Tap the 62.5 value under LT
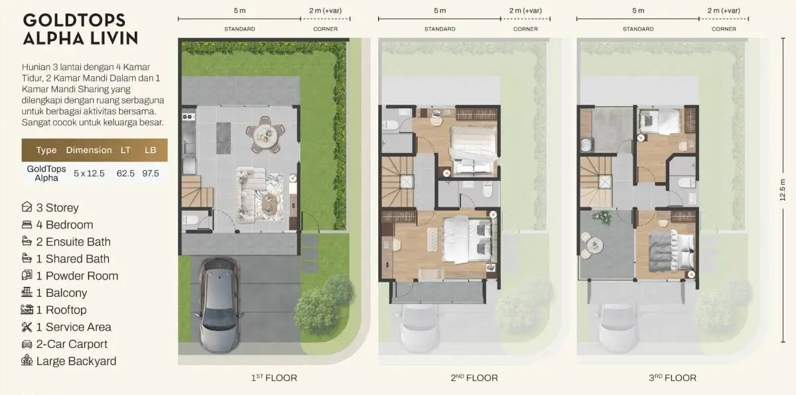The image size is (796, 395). pyautogui.click(x=125, y=173)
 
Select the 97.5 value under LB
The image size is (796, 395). pyautogui.click(x=151, y=173)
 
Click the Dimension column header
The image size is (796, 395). pyautogui.click(x=89, y=150)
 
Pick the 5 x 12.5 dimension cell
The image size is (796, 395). pyautogui.click(x=89, y=173)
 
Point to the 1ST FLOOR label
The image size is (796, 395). pyautogui.click(x=273, y=378)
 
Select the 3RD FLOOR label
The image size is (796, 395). pyautogui.click(x=672, y=378)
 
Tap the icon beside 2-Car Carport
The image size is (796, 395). pyautogui.click(x=27, y=344)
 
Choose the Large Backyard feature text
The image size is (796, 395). pyautogui.click(x=76, y=361)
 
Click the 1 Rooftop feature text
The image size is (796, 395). pyautogui.click(x=61, y=310)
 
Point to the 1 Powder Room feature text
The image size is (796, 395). pyautogui.click(x=77, y=276)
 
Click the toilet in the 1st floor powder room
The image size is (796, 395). pyautogui.click(x=189, y=219)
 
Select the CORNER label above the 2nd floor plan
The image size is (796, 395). pyautogui.click(x=525, y=29)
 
